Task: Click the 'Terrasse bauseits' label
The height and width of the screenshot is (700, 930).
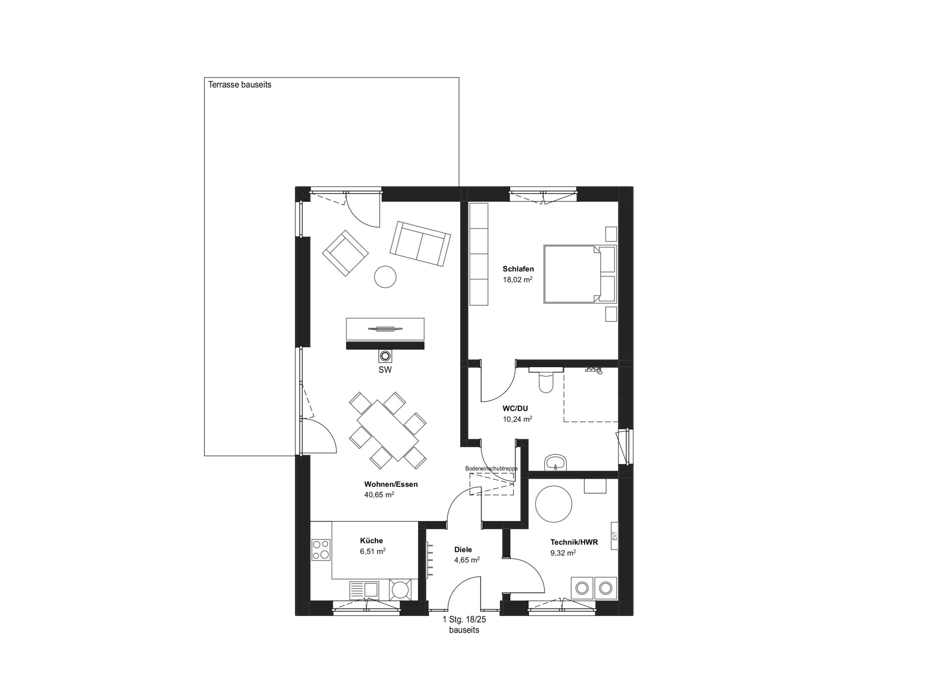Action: [240, 85]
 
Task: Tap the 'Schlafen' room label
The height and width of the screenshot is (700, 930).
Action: [518, 269]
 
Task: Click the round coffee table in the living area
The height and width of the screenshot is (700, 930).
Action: [386, 277]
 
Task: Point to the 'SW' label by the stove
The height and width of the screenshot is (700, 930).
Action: [385, 370]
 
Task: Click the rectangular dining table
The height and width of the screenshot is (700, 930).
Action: [387, 430]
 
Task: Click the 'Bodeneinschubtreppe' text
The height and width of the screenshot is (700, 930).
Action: [491, 468]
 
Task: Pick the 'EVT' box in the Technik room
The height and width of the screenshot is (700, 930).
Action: [615, 536]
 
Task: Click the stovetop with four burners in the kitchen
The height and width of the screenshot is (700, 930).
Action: [321, 550]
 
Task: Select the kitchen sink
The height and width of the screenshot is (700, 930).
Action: [364, 590]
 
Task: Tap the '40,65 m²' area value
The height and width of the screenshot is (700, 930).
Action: [379, 495]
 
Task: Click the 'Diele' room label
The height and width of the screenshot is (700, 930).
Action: [463, 550]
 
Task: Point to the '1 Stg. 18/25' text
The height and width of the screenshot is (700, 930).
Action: [464, 620]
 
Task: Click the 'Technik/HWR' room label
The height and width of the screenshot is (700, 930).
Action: [574, 542]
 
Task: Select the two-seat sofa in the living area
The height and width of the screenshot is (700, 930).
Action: [420, 244]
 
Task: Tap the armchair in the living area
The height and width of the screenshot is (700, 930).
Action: [345, 253]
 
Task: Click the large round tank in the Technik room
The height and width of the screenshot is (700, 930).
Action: [554, 504]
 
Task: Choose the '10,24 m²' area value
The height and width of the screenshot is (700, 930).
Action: [518, 419]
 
